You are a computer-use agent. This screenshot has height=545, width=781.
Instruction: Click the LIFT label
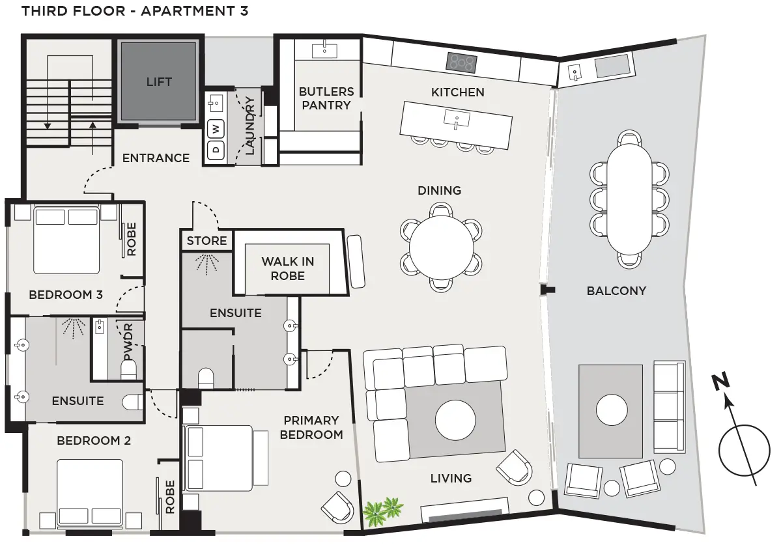(159, 81)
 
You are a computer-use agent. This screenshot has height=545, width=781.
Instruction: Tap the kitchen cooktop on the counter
(461, 63)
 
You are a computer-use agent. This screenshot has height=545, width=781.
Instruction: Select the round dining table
(441, 247)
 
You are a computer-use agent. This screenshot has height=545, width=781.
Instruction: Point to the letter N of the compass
(720, 382)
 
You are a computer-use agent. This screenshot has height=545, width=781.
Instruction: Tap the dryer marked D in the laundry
(216, 149)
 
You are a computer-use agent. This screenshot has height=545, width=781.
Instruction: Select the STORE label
(206, 241)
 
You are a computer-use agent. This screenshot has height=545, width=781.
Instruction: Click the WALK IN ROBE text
(288, 268)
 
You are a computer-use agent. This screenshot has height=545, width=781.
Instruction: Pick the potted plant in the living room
(382, 512)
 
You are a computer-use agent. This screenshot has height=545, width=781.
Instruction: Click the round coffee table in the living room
(455, 420)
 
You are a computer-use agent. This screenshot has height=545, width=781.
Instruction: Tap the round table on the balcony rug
(612, 410)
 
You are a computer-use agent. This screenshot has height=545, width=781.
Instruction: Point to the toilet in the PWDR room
(129, 369)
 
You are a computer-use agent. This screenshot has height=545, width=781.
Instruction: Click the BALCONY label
(616, 290)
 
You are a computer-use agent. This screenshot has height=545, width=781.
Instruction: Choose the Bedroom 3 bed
(66, 240)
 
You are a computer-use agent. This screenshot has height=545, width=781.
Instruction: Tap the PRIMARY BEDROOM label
(311, 428)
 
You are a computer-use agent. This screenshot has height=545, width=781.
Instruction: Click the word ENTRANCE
(156, 158)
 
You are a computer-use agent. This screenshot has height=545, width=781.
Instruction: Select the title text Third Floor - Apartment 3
(135, 11)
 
